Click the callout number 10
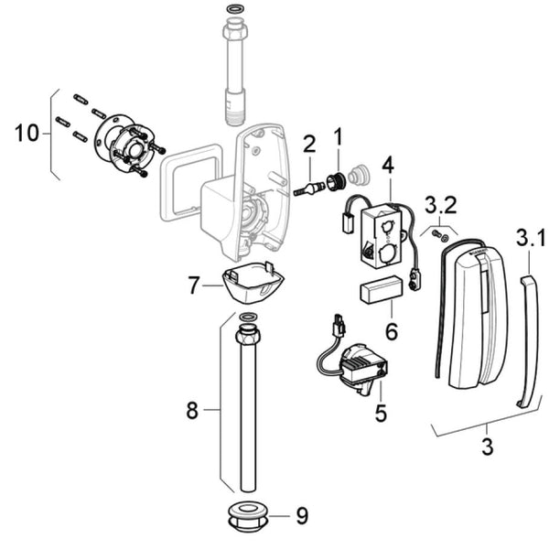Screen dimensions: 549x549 [27, 133]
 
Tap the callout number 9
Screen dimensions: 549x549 [302, 515]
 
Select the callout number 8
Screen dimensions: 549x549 [192, 410]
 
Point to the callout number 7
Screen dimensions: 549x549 [194, 285]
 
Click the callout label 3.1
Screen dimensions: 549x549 [530, 238]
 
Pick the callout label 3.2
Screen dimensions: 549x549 [440, 205]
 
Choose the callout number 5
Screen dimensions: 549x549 [381, 414]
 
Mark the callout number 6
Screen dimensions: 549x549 [392, 331]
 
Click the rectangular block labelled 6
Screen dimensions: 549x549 [382, 289]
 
